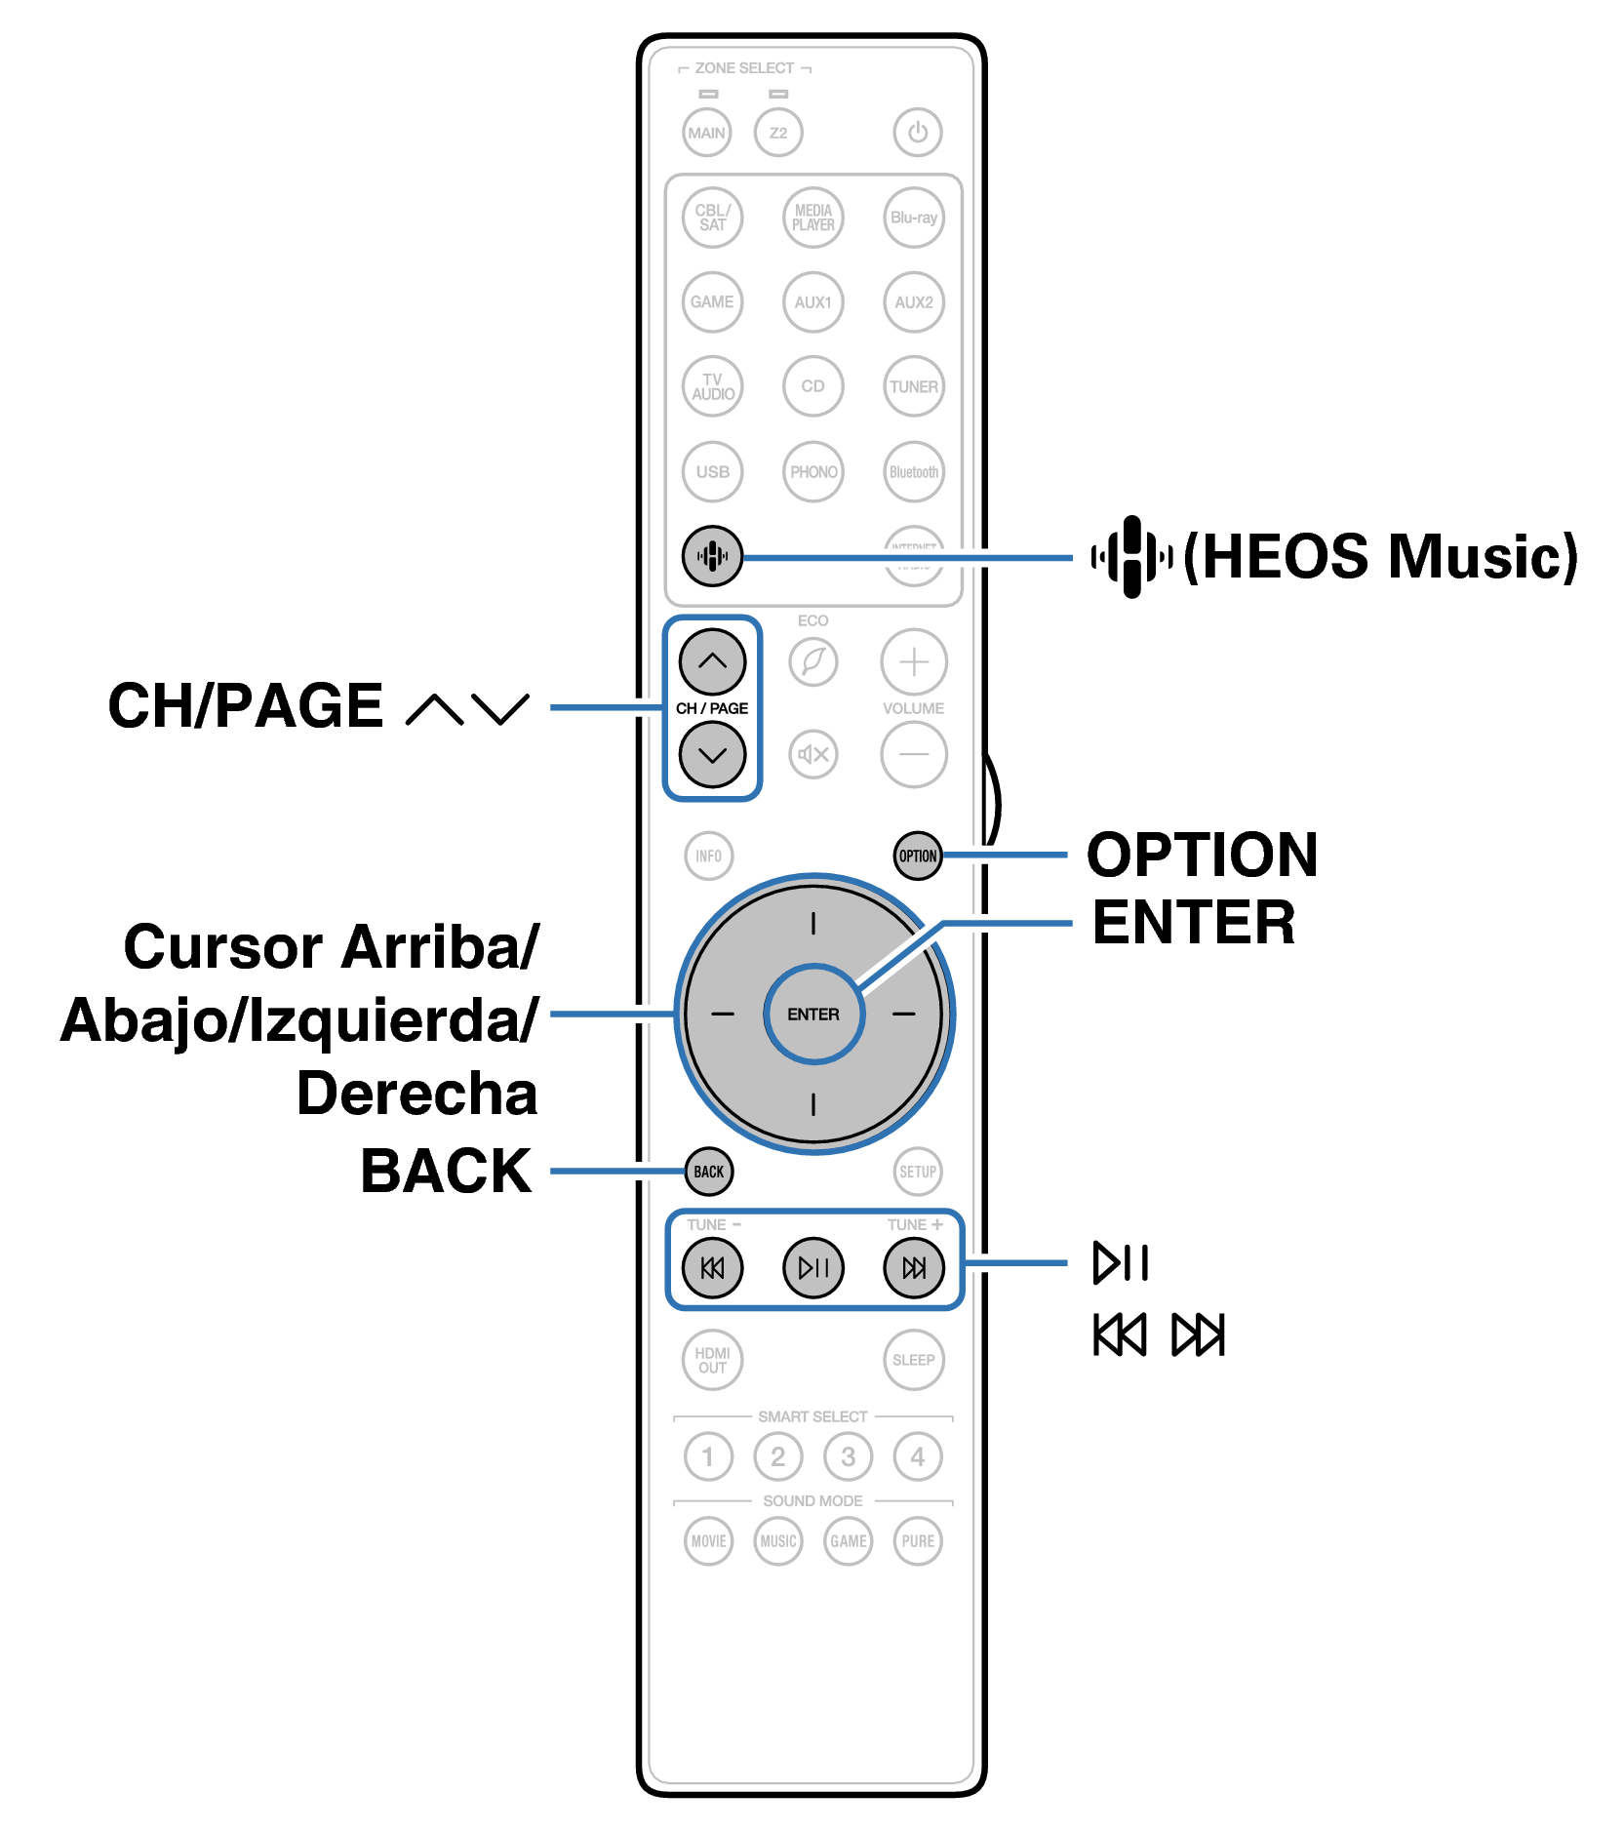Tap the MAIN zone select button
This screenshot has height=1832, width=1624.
(706, 133)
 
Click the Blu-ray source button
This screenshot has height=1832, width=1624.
(913, 218)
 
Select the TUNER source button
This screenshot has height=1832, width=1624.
(913, 386)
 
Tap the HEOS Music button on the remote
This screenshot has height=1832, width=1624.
(712, 556)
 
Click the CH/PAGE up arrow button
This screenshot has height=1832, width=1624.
(712, 661)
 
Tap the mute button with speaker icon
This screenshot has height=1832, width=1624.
(812, 754)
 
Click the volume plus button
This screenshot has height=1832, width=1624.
(913, 661)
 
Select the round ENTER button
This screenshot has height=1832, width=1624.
(812, 1014)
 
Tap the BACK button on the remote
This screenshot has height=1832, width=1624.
(708, 1172)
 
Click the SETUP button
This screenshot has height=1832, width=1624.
(917, 1172)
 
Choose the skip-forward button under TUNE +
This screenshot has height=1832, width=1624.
(913, 1267)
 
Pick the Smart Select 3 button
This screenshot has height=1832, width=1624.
(848, 1456)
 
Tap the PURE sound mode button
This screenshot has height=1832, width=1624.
(917, 1541)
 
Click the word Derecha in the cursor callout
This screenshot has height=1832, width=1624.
(416, 1093)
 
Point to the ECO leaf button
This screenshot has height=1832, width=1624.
(812, 661)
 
